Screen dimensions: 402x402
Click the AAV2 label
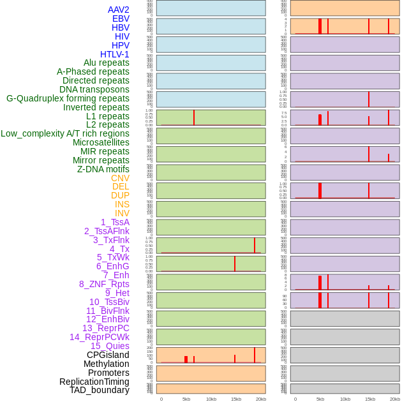click(x=118, y=10)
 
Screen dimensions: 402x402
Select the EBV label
click(x=121, y=19)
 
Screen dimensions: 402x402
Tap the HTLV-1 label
click(x=114, y=54)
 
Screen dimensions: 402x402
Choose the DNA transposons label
click(x=94, y=89)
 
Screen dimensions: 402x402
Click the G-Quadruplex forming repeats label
click(x=68, y=98)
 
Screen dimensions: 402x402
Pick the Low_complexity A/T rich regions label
click(x=65, y=133)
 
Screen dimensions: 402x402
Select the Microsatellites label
click(x=101, y=142)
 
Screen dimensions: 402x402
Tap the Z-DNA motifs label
click(x=103, y=169)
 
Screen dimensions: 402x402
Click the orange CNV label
click(x=120, y=178)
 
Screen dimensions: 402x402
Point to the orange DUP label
click(x=120, y=195)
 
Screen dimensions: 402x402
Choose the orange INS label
click(x=122, y=204)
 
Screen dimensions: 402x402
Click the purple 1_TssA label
click(x=115, y=222)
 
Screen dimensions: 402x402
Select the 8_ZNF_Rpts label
click(x=104, y=284)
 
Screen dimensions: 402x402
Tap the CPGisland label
click(x=108, y=355)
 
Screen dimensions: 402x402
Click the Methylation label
click(x=106, y=364)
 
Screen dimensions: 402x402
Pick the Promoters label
click(x=108, y=373)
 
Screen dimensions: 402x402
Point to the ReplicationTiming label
click(x=94, y=382)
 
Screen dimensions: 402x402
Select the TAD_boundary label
click(x=100, y=390)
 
